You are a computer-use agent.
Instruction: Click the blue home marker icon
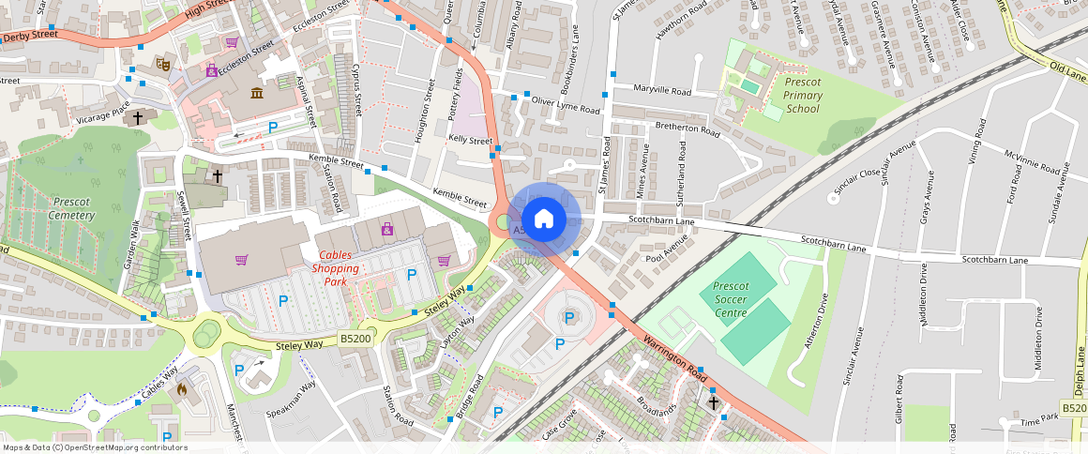[x=543, y=219]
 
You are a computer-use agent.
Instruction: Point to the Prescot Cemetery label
[x=72, y=208]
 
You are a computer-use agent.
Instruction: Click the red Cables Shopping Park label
[x=340, y=268]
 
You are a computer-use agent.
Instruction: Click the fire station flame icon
[x=182, y=386]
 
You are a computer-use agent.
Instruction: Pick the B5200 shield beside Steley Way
[x=355, y=339]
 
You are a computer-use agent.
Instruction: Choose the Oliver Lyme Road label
[x=566, y=105]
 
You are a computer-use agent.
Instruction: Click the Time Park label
[x=1038, y=422]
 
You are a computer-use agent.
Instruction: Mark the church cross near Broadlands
[x=713, y=402]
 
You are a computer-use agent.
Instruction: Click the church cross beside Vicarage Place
[x=138, y=118]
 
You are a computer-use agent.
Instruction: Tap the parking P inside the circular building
[x=569, y=318]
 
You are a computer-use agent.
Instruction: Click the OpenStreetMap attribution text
[x=94, y=447]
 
